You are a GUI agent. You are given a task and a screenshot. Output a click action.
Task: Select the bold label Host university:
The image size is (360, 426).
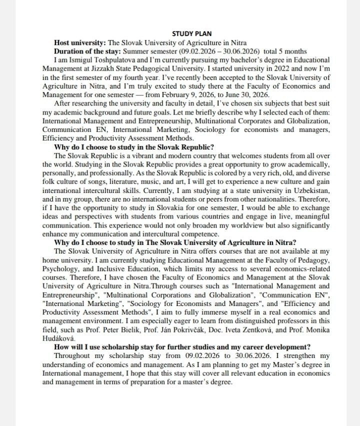pyautogui.click(x=80, y=42)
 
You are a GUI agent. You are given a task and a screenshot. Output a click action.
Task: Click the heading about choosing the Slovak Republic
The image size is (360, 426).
pyautogui.click(x=133, y=147)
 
